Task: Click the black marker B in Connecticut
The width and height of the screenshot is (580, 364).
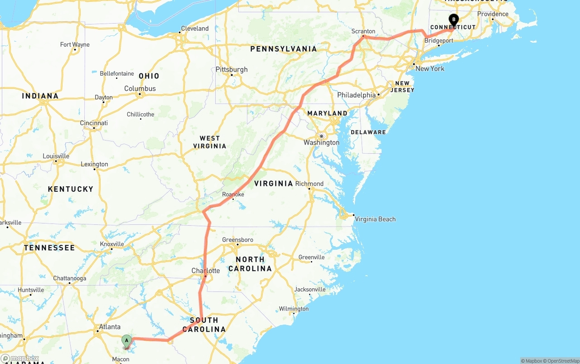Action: coord(453,20)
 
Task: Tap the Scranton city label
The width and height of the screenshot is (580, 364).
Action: coord(363,31)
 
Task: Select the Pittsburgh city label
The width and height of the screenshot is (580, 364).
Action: coord(232,69)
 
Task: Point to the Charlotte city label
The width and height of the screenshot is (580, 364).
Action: coord(206,271)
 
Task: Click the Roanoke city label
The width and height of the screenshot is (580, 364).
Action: coord(233,194)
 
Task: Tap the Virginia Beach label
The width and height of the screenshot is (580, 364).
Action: coord(375,219)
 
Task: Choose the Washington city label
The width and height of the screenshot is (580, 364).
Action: coord(321,142)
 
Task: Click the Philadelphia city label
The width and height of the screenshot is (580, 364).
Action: coord(356,95)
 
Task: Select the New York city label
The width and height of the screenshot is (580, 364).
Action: coord(430,68)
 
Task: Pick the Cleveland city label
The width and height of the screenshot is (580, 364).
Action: coord(195,29)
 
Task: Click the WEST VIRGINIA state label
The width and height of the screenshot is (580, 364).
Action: coord(209,142)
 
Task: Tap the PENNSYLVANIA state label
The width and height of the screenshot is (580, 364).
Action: coord(283,49)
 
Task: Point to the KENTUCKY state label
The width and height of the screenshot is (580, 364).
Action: coord(71,189)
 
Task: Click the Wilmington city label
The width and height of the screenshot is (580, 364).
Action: coord(294,309)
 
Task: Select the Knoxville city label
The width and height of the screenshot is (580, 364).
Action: coord(112,244)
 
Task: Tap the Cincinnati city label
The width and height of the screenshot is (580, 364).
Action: coord(94,123)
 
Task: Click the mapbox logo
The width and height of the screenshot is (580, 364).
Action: coord(19,359)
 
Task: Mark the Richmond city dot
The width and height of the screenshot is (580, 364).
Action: coord(309,189)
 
